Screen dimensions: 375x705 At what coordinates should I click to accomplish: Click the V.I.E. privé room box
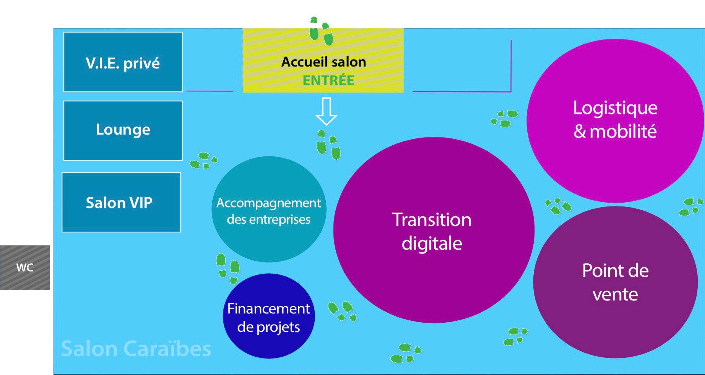[123, 62]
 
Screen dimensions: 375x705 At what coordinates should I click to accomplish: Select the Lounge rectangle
[123, 131]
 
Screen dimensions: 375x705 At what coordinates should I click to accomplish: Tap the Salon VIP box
[121, 202]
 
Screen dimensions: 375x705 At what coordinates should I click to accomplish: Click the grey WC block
[25, 268]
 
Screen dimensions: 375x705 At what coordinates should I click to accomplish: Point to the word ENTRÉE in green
[328, 81]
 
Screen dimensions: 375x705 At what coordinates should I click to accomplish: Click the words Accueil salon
[323, 62]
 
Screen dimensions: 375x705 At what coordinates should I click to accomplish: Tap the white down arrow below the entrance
[326, 111]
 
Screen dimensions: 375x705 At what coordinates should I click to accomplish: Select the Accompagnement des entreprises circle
[269, 209]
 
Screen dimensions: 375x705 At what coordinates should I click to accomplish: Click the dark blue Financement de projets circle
[269, 316]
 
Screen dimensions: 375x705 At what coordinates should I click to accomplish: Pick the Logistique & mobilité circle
[615, 120]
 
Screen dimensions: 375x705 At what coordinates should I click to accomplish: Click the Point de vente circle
[615, 282]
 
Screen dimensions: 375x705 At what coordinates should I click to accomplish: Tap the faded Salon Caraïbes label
[136, 349]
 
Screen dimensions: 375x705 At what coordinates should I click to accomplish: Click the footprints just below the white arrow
[328, 145]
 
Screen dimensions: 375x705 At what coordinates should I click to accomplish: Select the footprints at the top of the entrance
[321, 31]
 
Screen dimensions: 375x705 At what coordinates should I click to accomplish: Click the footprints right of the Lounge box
[204, 161]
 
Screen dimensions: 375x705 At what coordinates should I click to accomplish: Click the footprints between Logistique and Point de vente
[558, 206]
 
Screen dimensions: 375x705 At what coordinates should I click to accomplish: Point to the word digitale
[432, 244]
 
